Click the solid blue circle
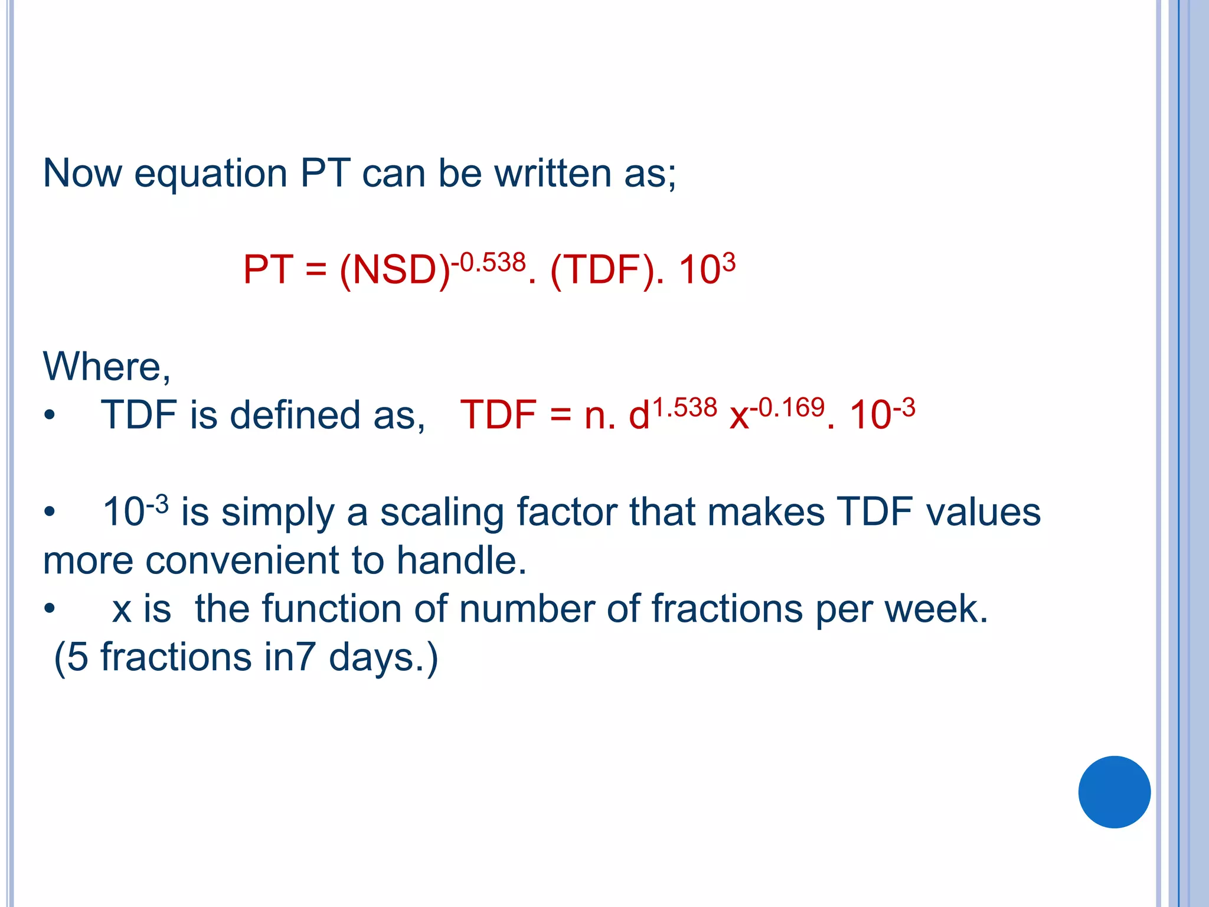tap(1114, 792)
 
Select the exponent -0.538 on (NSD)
tap(489, 262)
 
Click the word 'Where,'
tap(107, 367)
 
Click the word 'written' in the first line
tap(553, 174)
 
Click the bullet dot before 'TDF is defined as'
tap(50, 416)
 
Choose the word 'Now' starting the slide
tap(83, 174)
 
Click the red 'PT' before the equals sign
tap(268, 270)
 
